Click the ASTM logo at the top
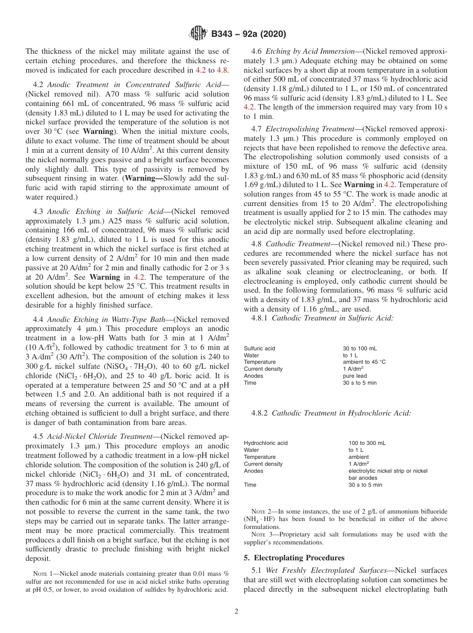click(199, 34)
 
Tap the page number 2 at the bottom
click(236, 612)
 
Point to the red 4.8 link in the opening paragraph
click(222, 70)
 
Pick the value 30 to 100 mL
click(359, 349)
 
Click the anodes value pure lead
click(355, 376)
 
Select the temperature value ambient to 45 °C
click(364, 362)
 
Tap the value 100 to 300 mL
click(367, 443)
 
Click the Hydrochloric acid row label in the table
click(265, 443)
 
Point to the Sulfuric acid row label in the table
click(259, 349)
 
